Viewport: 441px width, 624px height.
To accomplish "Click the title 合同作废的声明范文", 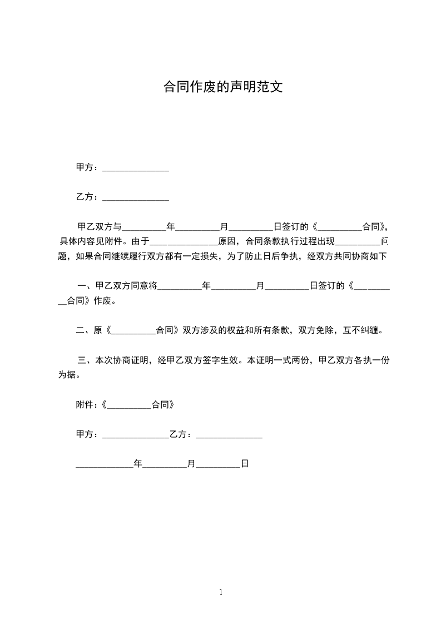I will point(222,87).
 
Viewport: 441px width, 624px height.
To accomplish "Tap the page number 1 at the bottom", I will point(221,592).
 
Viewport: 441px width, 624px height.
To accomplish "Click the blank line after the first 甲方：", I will point(136,168).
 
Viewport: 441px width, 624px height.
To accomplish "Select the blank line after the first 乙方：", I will point(136,197).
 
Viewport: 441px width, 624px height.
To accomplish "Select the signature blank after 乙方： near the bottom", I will point(229,435).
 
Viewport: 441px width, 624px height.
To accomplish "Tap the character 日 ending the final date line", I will point(244,463).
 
